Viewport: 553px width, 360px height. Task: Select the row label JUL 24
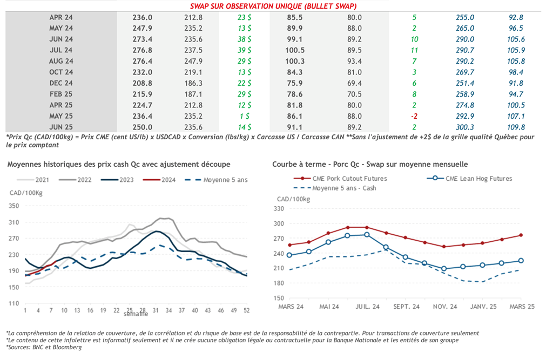point(61,50)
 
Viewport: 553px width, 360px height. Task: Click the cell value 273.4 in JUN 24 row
point(143,39)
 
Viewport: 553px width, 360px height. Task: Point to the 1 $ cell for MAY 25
point(244,116)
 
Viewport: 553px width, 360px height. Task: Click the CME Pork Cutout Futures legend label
point(350,178)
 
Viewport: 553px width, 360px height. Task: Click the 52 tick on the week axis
point(247,310)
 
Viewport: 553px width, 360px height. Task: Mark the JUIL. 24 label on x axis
point(368,307)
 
